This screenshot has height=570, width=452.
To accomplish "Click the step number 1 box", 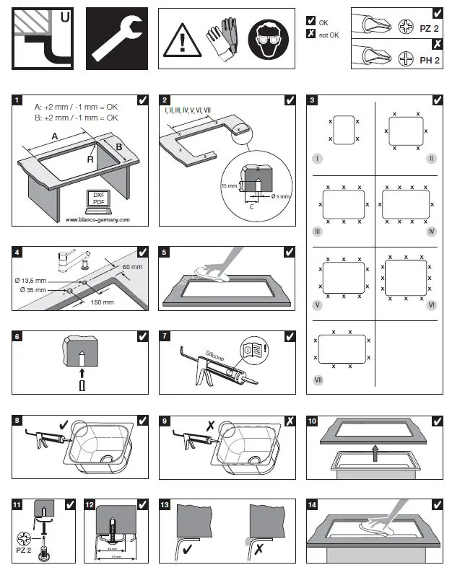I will pyautogui.click(x=17, y=100).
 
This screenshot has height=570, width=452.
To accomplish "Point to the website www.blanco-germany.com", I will pyautogui.click(x=97, y=219).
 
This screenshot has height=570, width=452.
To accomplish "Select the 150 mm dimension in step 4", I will pyautogui.click(x=101, y=302).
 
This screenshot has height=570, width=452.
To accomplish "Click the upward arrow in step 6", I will pyautogui.click(x=81, y=372).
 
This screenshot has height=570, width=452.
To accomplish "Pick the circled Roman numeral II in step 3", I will pyautogui.click(x=432, y=157).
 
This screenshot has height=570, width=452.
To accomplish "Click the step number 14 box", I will pyautogui.click(x=313, y=504).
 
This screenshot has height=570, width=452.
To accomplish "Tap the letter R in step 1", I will pyautogui.click(x=90, y=159).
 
